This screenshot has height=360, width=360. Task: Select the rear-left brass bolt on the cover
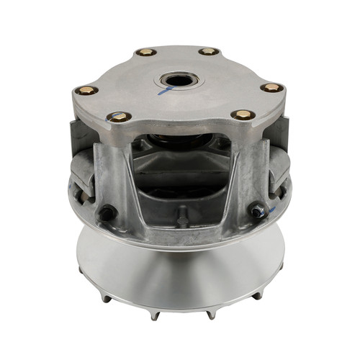click(x=147, y=52)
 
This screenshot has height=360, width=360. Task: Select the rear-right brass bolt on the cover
click(x=210, y=52)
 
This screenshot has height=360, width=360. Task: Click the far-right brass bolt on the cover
click(x=271, y=88)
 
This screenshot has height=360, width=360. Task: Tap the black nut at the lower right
click(x=256, y=211)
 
